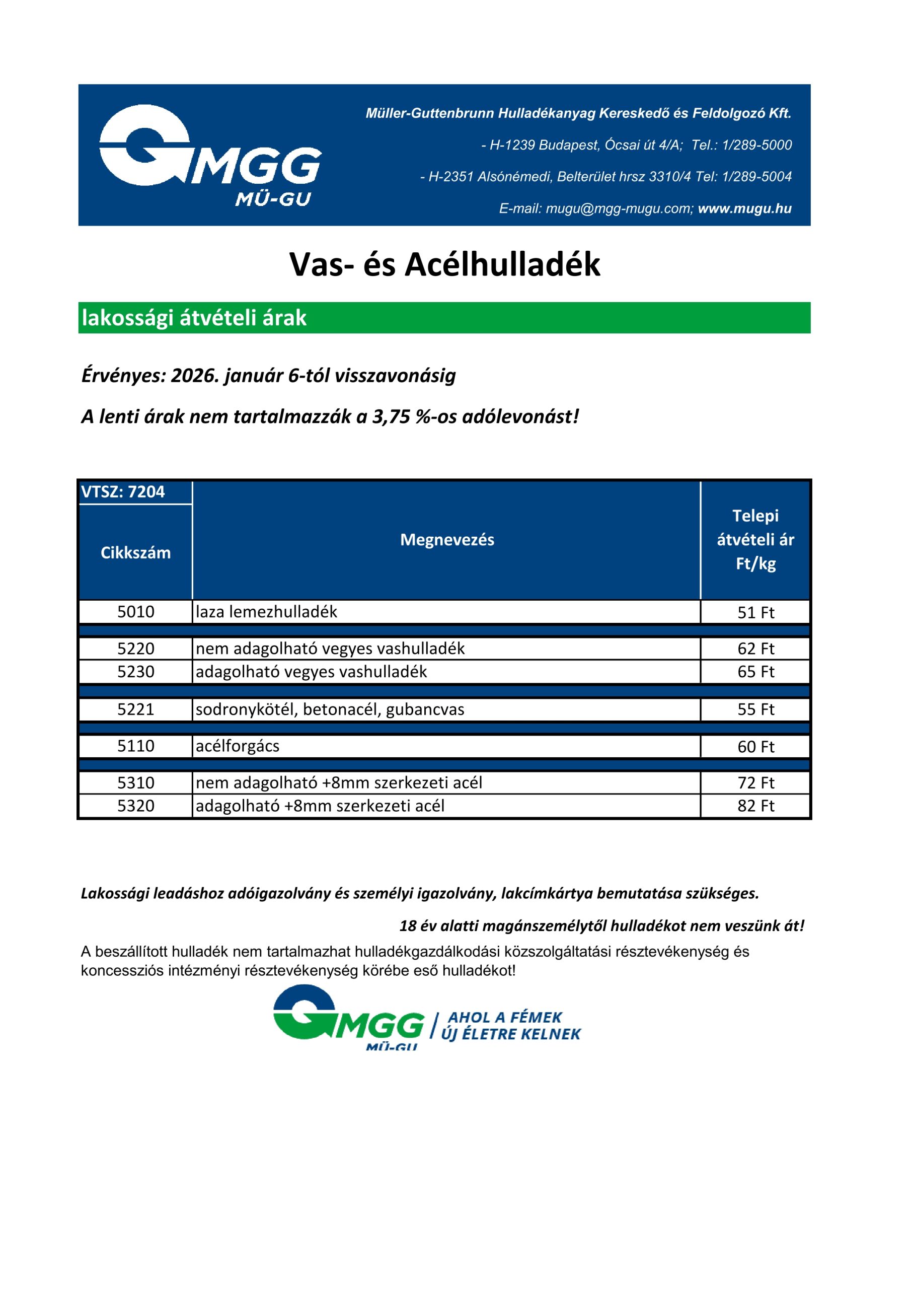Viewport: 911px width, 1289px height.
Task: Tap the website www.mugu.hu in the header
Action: point(744,209)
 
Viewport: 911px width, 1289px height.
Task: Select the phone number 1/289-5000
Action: point(756,146)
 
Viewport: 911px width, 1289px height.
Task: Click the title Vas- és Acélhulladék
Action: point(444,264)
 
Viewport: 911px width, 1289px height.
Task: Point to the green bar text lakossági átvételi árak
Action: point(194,318)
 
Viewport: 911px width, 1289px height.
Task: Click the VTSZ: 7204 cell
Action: point(123,492)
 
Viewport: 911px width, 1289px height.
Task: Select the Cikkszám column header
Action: point(135,553)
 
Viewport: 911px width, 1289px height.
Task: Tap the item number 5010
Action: point(135,612)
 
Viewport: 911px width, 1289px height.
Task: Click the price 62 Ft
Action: point(755,649)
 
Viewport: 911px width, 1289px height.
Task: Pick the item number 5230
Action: point(135,672)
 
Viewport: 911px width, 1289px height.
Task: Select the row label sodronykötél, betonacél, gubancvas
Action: point(330,709)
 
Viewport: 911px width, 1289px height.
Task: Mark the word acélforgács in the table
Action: point(238,746)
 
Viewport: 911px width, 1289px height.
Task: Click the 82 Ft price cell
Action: point(755,806)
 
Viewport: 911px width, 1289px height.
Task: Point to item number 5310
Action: point(135,782)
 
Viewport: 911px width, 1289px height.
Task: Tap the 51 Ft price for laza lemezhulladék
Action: point(755,612)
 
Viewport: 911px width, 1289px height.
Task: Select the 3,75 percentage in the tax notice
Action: point(391,416)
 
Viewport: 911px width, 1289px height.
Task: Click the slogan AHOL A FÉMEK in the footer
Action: point(505,1017)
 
